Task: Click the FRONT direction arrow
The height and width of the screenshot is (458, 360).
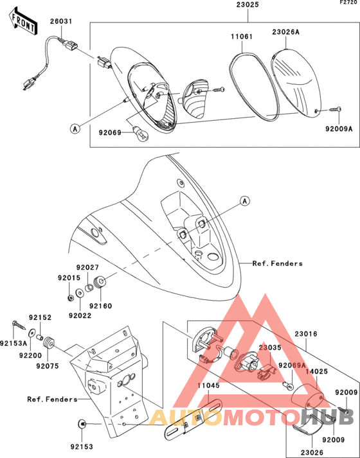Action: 22,21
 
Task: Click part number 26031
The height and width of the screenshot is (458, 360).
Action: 61,21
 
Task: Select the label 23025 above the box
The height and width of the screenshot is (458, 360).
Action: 248,5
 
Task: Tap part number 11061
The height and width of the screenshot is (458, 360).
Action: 241,37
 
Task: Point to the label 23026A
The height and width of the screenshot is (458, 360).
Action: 286,32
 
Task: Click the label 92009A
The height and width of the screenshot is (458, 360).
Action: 339,128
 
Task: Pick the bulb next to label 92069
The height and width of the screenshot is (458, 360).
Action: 141,132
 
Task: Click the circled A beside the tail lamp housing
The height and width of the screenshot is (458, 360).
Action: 75,128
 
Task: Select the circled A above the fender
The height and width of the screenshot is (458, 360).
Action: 245,201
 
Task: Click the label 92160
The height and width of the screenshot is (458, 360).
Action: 100,306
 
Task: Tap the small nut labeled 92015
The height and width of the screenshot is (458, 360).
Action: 70,298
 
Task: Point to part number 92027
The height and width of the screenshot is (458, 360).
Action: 87,267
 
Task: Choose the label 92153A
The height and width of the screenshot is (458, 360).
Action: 14,343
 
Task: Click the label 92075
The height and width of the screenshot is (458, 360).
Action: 48,366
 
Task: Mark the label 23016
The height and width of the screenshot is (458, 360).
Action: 305,333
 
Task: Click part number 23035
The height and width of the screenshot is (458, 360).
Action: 270,348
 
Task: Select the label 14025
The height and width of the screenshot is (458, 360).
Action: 317,371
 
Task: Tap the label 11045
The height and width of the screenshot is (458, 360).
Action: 208,385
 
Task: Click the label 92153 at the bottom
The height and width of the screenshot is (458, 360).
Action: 82,446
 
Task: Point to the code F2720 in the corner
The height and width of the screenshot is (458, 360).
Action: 350,3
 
